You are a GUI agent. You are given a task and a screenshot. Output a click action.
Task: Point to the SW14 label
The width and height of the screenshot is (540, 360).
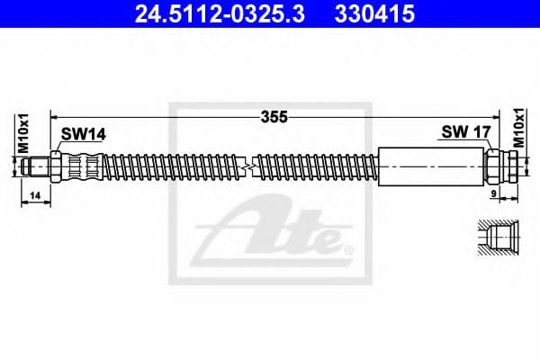tap(83, 134)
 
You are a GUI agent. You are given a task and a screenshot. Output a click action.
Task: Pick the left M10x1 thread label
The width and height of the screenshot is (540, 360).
tap(24, 133)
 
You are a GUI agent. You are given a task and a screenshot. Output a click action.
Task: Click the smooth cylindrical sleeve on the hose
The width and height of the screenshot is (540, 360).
tap(432, 167)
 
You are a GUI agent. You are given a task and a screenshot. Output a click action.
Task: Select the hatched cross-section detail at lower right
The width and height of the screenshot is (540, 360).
tap(496, 238)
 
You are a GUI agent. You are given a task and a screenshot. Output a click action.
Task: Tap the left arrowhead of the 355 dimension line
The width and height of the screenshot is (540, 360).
tap(56, 116)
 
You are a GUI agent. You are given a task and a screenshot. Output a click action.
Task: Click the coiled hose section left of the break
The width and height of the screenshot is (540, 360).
tap(171, 167)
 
